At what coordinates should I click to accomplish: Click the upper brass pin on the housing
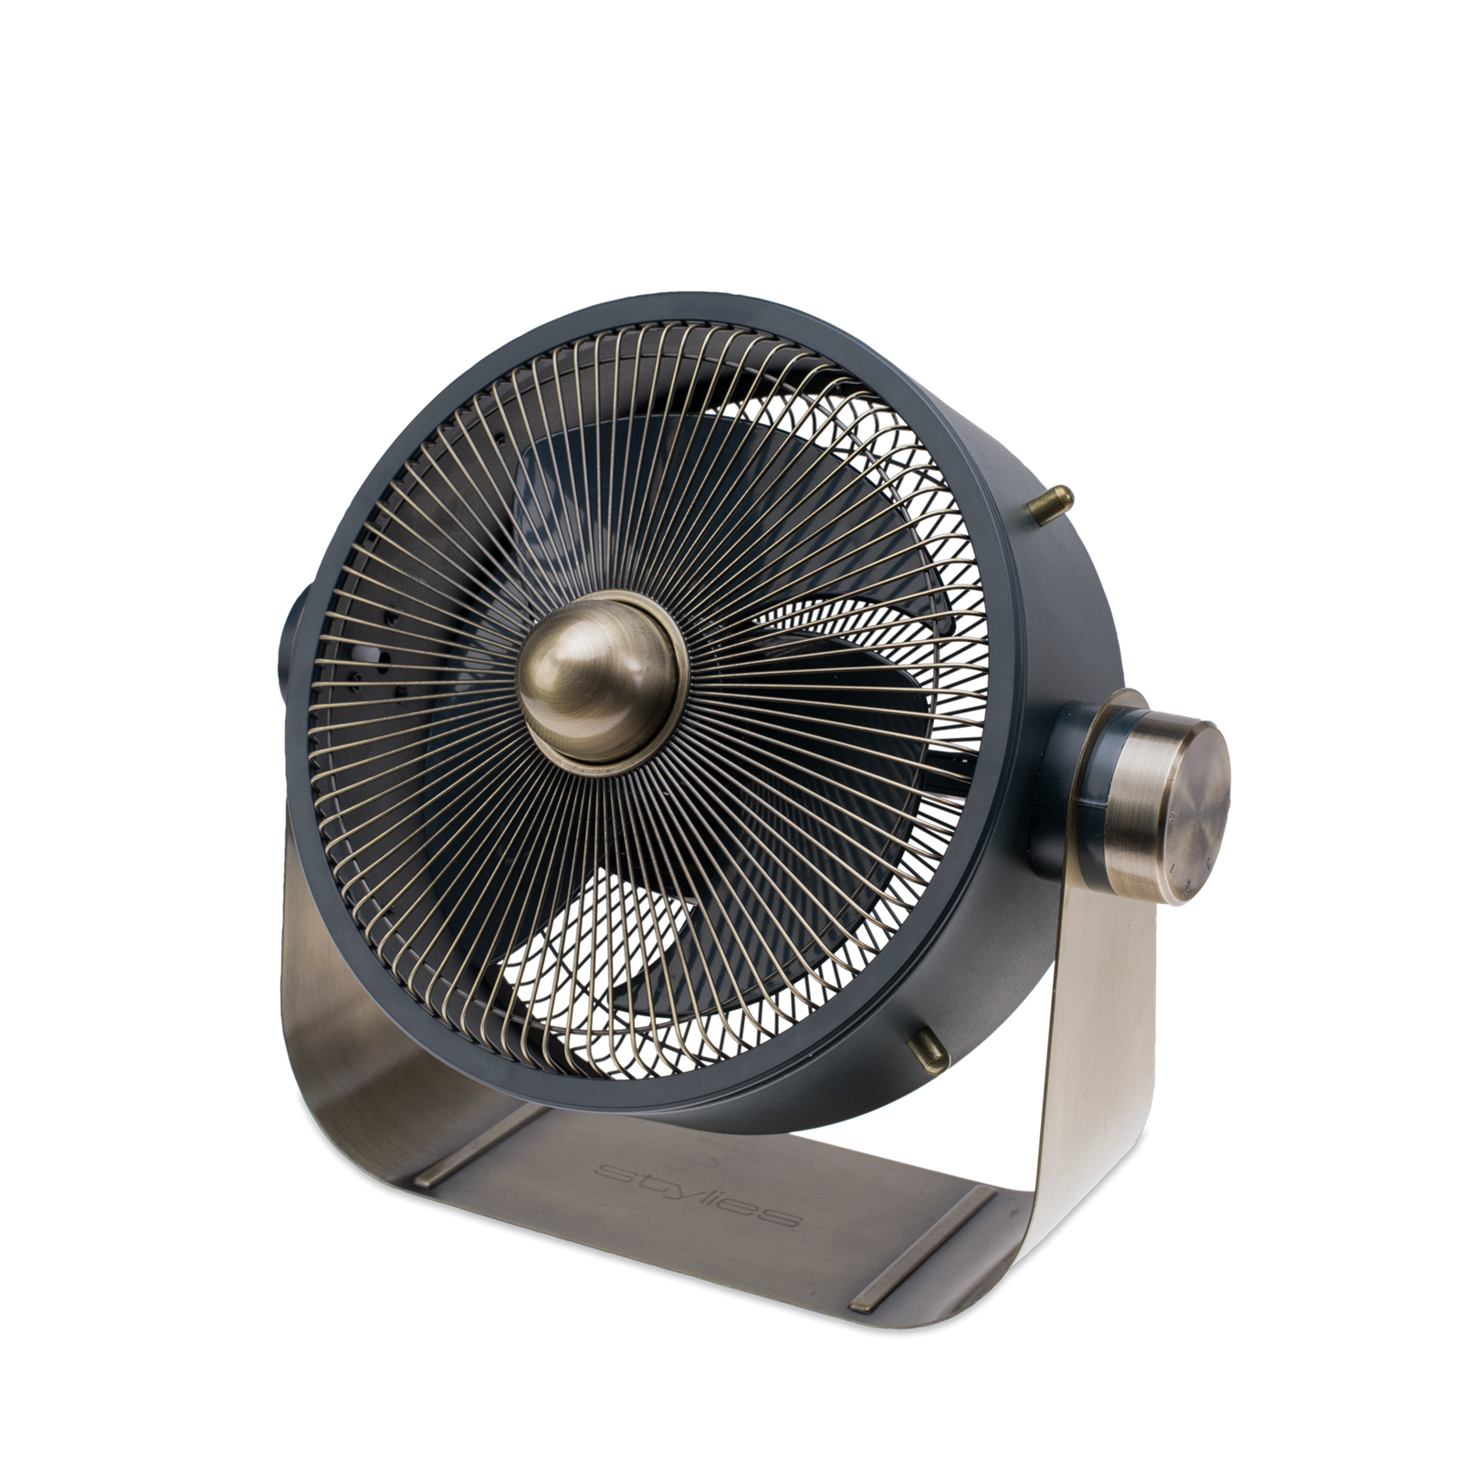pos(1050,504)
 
